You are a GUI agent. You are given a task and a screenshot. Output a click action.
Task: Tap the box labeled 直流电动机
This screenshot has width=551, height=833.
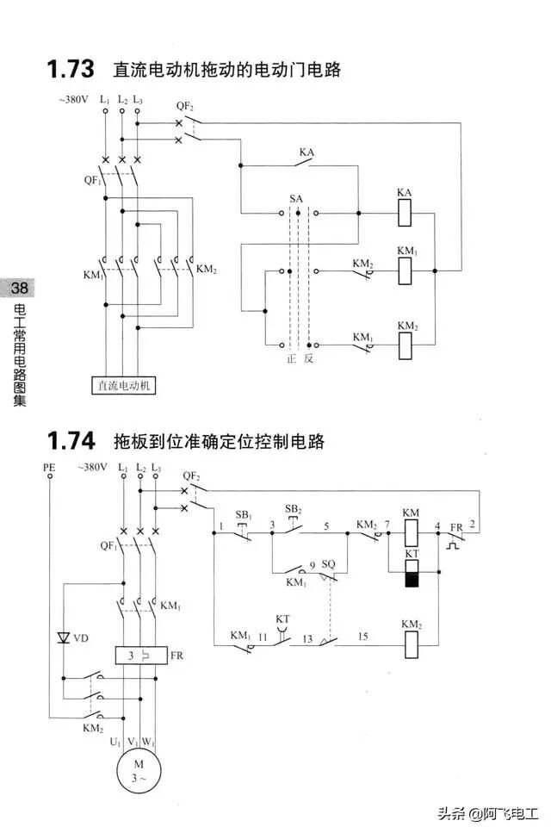124,385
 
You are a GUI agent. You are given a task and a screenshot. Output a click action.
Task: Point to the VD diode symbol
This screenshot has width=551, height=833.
63,638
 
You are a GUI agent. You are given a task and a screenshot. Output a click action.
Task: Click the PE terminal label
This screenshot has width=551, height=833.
49,467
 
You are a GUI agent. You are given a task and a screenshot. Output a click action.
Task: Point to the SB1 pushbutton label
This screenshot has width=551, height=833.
245,514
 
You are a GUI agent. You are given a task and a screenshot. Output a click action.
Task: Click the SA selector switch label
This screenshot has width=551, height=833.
296,198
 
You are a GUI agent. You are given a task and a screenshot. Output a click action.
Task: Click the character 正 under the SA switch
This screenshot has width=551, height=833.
291,358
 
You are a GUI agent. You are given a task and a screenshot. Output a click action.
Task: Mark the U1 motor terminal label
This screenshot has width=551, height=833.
114,741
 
